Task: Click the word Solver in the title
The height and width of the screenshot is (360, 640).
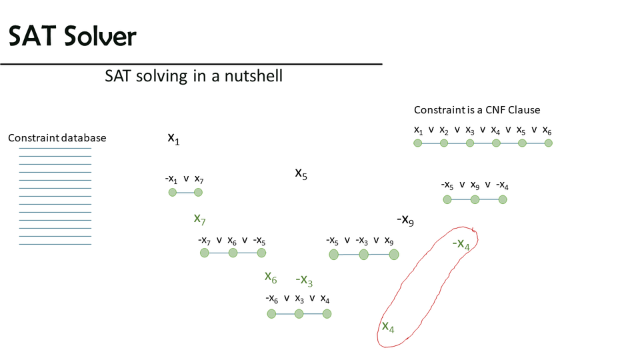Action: click(x=99, y=36)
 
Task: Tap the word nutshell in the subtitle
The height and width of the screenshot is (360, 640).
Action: click(x=253, y=76)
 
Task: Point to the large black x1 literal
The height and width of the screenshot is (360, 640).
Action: click(x=173, y=139)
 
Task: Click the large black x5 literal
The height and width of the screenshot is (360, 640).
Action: click(x=301, y=173)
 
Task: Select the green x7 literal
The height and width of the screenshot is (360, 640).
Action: click(x=199, y=219)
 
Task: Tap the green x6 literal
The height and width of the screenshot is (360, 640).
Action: click(x=271, y=277)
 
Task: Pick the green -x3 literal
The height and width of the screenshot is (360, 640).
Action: click(x=304, y=280)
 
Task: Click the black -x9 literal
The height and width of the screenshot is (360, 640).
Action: click(x=405, y=220)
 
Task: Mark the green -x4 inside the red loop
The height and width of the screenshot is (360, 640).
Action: click(x=461, y=244)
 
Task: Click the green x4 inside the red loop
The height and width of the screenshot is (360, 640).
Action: click(x=388, y=327)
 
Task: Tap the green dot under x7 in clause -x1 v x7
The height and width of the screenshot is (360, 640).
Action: click(x=199, y=192)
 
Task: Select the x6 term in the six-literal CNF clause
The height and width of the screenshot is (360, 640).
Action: click(x=547, y=131)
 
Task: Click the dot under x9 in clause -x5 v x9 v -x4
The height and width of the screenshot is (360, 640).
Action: click(x=475, y=199)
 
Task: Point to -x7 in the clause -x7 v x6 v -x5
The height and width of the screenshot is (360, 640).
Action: click(x=204, y=241)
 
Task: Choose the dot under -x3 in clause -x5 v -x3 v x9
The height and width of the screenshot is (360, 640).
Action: click(x=364, y=255)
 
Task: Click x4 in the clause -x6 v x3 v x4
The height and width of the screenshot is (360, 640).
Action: click(x=325, y=299)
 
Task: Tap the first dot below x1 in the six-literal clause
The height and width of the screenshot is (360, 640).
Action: click(x=417, y=143)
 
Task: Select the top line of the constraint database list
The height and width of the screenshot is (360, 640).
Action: click(x=55, y=148)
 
